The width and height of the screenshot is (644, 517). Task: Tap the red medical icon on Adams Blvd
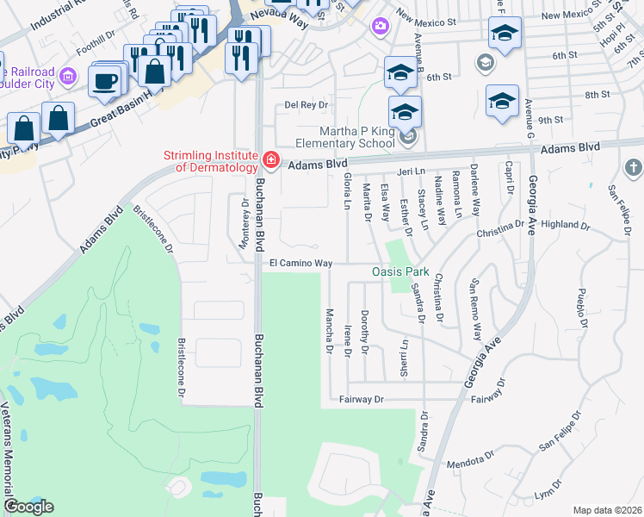click(270, 160)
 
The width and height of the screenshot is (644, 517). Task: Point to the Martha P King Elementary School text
click(344, 135)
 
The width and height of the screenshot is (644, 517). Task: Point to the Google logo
click(28, 507)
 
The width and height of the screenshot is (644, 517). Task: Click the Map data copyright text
click(607, 510)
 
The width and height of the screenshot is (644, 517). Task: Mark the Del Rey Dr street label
click(307, 105)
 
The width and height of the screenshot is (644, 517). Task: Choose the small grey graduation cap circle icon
click(485, 62)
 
